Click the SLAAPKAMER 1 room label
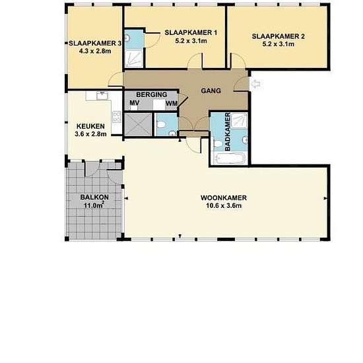pos(191,32)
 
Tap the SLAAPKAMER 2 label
pos(279,36)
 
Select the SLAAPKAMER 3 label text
pos(95,44)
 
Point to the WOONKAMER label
pos(224,198)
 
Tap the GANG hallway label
pos(211,91)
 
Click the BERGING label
pos(152,94)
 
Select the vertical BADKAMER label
pos(228,132)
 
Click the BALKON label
pos(94,197)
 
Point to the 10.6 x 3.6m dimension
pos(224,205)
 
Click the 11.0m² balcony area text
pos(94,205)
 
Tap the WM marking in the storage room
pos(172,104)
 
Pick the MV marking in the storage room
pos(135,103)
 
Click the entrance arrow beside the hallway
pos(255,84)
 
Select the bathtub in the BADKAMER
pos(229,158)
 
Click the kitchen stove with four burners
pos(117,117)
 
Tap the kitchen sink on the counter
pos(102,95)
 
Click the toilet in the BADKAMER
pos(217,143)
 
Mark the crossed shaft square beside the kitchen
pos(138,124)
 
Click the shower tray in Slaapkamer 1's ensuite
pos(134,59)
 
